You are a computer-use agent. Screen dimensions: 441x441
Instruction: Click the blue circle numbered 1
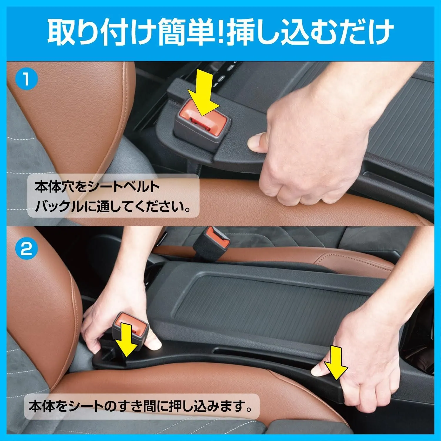[26, 79]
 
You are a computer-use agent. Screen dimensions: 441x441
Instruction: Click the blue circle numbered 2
[26, 250]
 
